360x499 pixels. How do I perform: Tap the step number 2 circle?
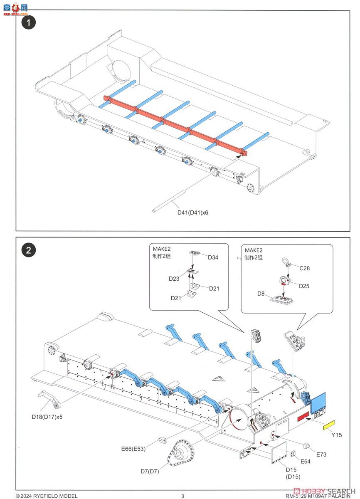point(29,250)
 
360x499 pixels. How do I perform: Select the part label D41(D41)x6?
point(193,212)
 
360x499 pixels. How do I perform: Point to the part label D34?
point(213,257)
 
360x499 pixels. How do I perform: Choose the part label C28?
point(305,269)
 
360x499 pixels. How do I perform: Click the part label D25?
point(304,286)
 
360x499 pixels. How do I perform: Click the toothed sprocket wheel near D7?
point(182,456)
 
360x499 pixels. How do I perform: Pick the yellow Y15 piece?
point(330,425)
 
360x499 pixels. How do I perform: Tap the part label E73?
point(321,455)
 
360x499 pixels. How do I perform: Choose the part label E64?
point(306,462)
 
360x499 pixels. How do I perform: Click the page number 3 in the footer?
point(182,496)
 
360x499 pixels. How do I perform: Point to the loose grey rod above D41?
point(169,201)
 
